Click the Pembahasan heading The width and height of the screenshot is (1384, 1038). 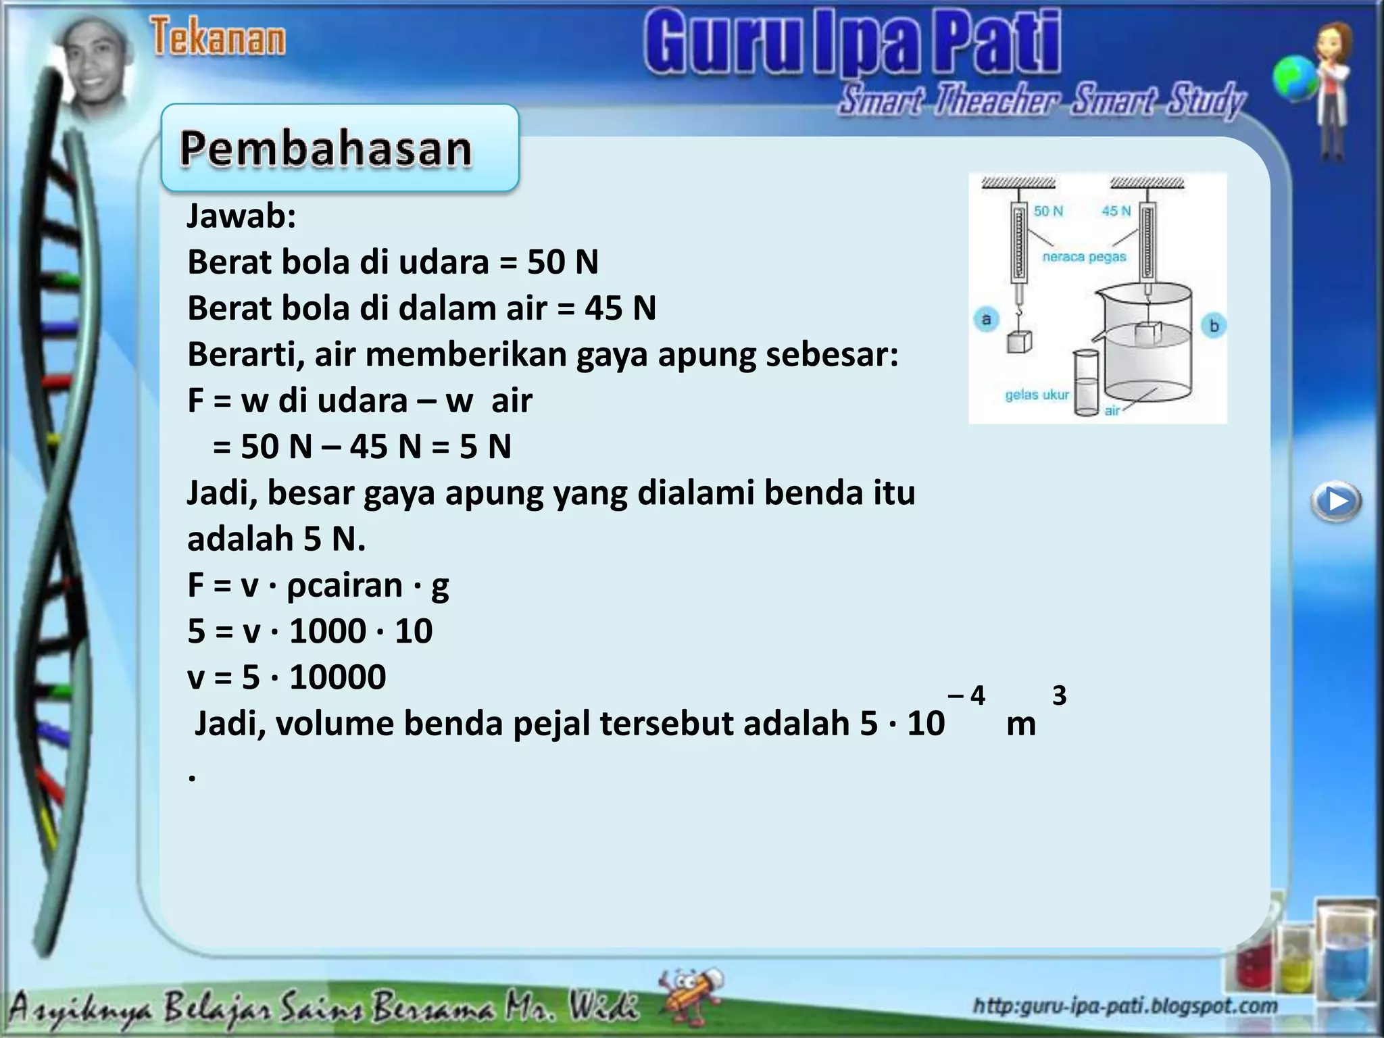(x=326, y=148)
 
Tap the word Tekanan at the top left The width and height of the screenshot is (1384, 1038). (x=218, y=37)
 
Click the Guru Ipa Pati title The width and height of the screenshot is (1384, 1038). (x=852, y=42)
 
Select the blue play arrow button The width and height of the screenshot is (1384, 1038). (x=1336, y=501)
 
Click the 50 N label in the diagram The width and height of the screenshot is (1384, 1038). (x=1048, y=211)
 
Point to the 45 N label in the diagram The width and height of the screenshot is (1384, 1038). (x=1116, y=211)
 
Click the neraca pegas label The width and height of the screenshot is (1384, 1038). (x=1084, y=257)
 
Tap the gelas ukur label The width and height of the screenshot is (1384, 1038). (x=1037, y=395)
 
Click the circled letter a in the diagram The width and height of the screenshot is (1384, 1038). (x=987, y=319)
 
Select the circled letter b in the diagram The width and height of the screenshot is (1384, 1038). (x=1214, y=326)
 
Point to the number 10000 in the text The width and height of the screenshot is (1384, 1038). (x=338, y=677)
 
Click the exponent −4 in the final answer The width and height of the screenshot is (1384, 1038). (x=966, y=695)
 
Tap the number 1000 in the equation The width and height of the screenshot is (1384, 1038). (x=328, y=631)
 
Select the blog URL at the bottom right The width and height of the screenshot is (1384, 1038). (x=1125, y=1006)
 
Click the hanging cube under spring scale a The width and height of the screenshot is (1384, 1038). (x=1019, y=342)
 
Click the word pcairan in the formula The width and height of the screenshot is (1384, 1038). (x=345, y=585)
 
